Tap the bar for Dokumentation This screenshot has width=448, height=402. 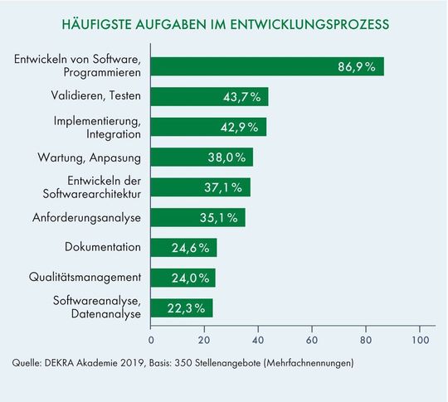coord(183,247)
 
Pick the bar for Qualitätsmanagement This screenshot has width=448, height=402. coord(183,278)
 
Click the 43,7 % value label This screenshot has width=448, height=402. coord(243,97)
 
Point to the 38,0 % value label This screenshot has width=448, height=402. coord(228,157)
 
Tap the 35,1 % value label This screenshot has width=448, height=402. coord(221,218)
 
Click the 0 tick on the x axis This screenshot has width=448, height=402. coord(151,340)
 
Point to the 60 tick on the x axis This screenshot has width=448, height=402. coord(312,340)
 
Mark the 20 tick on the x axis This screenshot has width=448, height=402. coord(204,340)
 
